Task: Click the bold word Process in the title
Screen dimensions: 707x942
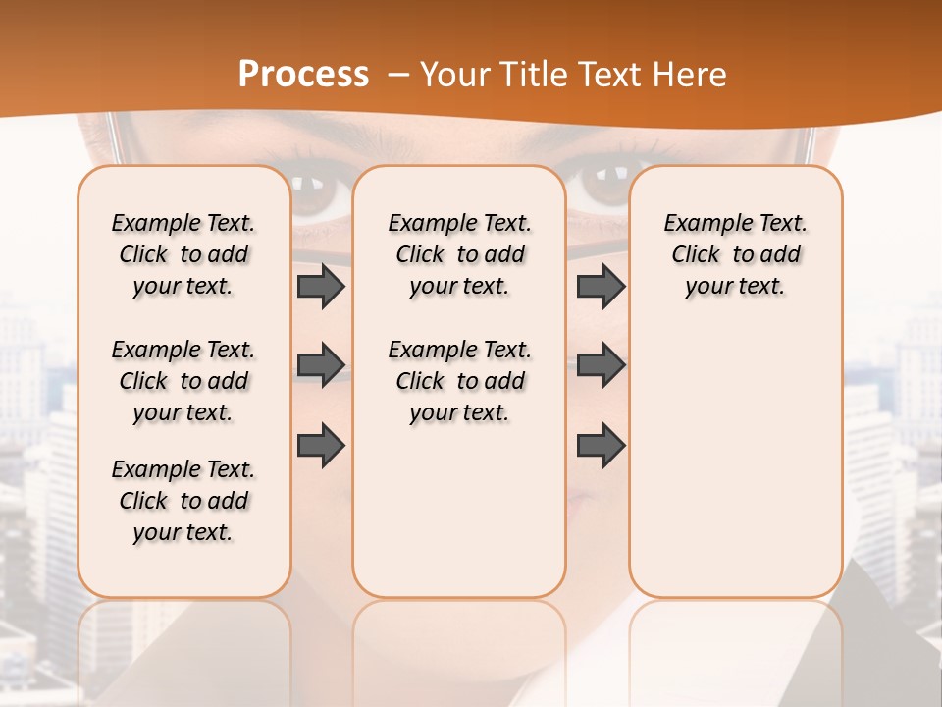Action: (x=303, y=75)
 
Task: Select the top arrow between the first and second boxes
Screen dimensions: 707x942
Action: (x=321, y=287)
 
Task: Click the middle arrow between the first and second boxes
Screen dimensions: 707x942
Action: (x=321, y=365)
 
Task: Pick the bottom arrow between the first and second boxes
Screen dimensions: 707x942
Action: (x=321, y=446)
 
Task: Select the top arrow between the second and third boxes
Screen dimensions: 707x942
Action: (x=601, y=287)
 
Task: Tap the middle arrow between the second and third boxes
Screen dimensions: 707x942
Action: (x=601, y=365)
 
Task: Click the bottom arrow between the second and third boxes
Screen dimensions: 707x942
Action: (x=601, y=446)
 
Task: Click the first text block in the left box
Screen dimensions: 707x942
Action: (x=183, y=254)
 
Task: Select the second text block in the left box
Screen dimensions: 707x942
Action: (x=183, y=381)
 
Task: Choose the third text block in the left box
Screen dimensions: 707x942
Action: (x=183, y=501)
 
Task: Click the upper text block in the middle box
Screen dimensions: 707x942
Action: (x=459, y=254)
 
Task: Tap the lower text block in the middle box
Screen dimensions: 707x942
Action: (x=459, y=381)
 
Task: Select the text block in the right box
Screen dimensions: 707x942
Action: (x=735, y=254)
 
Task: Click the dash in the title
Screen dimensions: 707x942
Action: (x=397, y=76)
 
